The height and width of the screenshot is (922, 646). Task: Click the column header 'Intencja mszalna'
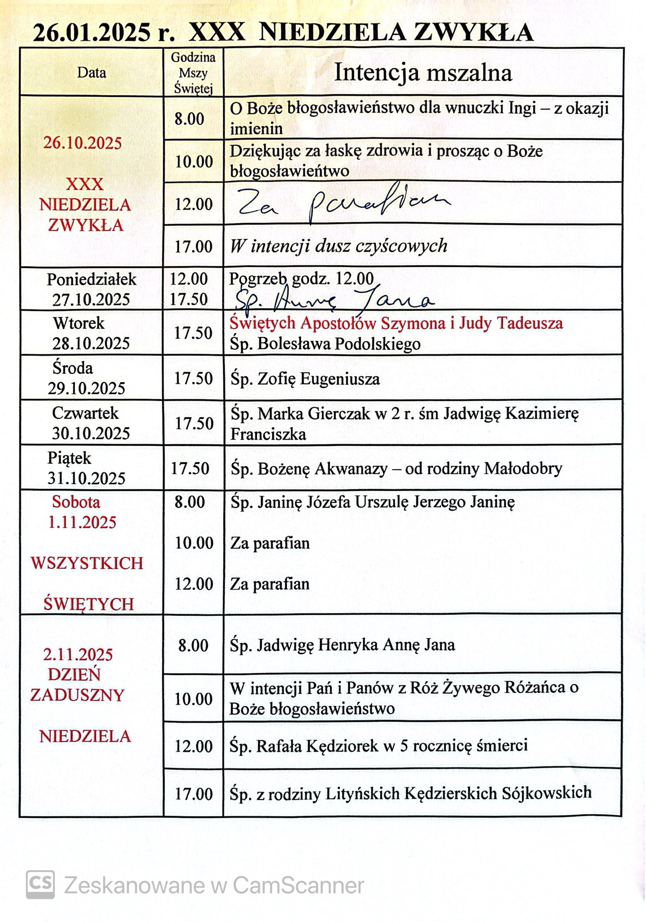coord(423,73)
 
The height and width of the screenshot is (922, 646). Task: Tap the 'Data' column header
coord(91,73)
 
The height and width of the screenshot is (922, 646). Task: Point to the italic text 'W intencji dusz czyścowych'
coord(338,246)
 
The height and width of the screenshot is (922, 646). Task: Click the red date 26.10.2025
coord(82,143)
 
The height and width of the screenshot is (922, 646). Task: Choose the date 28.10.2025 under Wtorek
coord(91,343)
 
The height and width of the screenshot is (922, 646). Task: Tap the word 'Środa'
coord(72,368)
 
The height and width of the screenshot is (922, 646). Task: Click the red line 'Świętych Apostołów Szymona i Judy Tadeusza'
coord(396,323)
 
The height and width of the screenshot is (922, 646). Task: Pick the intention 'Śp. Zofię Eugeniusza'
coord(305,379)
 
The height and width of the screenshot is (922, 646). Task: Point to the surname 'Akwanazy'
coord(351,469)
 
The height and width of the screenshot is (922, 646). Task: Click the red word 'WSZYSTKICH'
coord(87,563)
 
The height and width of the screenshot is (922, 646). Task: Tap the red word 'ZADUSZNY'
coord(77,695)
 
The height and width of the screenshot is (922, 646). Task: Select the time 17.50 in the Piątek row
coord(190,469)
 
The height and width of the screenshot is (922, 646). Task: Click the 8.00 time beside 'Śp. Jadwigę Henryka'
coord(194,645)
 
